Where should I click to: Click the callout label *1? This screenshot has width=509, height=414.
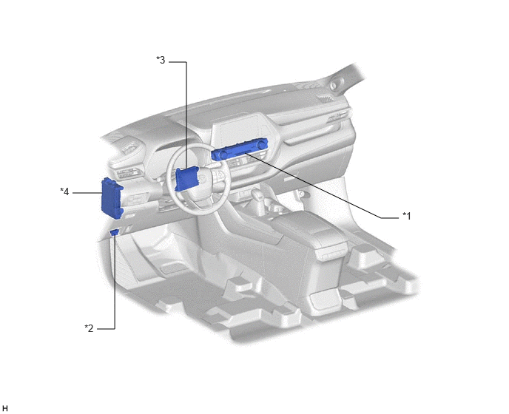tap(407, 216)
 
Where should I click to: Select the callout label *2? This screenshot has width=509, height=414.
tap(89, 328)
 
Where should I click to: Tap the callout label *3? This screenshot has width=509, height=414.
tap(161, 60)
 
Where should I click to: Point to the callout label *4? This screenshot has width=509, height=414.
tap(64, 191)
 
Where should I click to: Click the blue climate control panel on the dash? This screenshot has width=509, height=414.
tap(240, 149)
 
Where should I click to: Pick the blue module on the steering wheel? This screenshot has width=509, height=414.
tap(186, 178)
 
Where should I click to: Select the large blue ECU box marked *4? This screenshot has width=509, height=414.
tap(112, 199)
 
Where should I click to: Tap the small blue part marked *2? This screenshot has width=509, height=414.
tap(114, 231)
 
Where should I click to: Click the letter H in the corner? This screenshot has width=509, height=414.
tap(4, 409)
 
